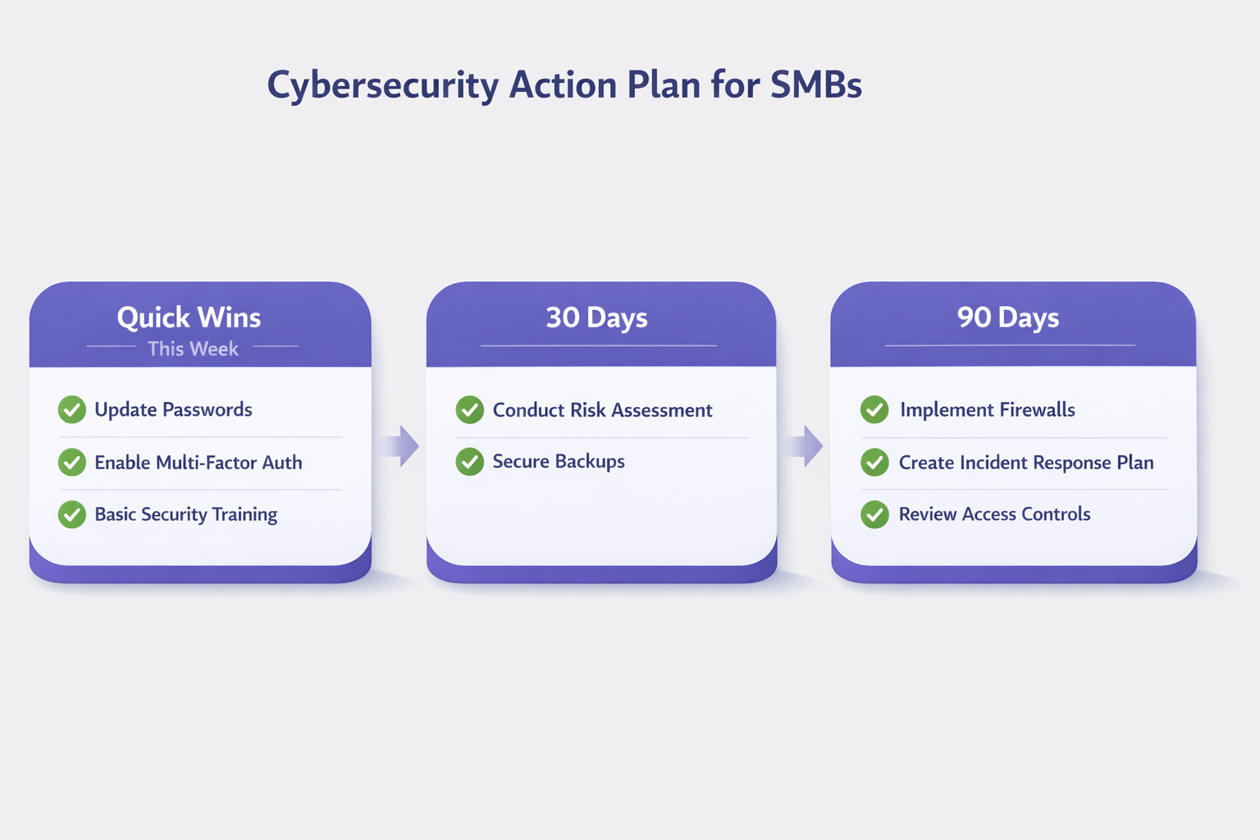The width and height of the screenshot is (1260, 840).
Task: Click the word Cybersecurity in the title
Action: pos(383,85)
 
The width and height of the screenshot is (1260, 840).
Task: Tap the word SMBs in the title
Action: pos(816,85)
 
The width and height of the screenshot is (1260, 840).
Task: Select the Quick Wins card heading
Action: pos(189,317)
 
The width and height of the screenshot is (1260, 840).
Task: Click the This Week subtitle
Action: pos(193,349)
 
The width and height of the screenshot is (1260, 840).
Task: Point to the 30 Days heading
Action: pos(597,318)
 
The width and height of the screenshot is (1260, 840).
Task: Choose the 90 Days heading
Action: pos(1008,318)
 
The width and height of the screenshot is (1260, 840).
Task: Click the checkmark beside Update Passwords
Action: pos(72,409)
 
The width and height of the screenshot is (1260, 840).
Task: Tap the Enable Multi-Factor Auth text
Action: pos(198,463)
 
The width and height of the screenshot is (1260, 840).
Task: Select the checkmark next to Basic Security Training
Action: pos(72,514)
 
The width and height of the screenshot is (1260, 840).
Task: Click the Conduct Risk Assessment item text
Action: pos(602,410)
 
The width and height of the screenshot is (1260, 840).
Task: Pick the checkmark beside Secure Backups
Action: pos(470,461)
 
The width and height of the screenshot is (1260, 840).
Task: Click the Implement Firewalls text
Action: pos(987,409)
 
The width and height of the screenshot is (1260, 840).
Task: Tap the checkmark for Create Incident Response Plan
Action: pos(874,463)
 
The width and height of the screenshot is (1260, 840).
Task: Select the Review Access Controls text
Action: pos(994,514)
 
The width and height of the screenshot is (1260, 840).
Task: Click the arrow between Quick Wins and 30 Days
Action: pos(400,446)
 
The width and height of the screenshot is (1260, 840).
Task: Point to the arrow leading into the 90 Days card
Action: pos(805,446)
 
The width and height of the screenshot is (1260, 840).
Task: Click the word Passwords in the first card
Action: pos(207,409)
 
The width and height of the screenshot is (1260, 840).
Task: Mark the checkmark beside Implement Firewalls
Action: pos(874,409)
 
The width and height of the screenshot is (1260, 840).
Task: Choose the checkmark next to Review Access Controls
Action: pos(874,514)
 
